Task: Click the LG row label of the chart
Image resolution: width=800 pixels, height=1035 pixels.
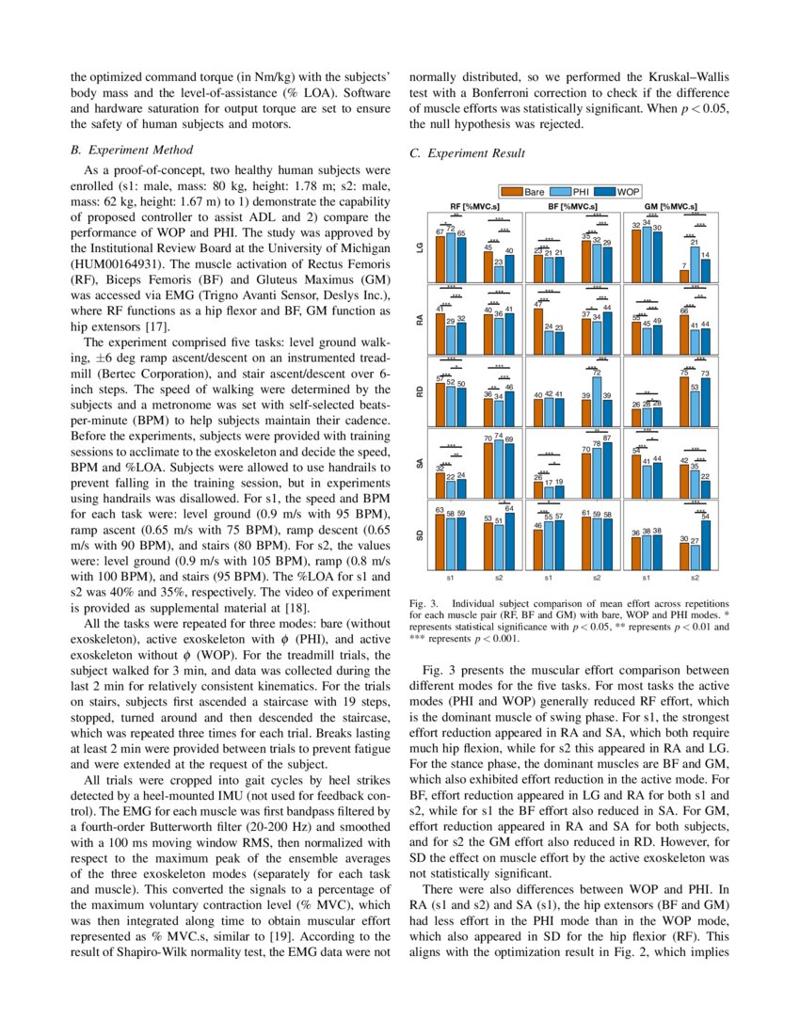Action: point(420,247)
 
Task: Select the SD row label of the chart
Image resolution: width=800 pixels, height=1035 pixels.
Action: point(420,534)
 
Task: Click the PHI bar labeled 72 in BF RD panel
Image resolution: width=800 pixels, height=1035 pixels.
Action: point(597,400)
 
